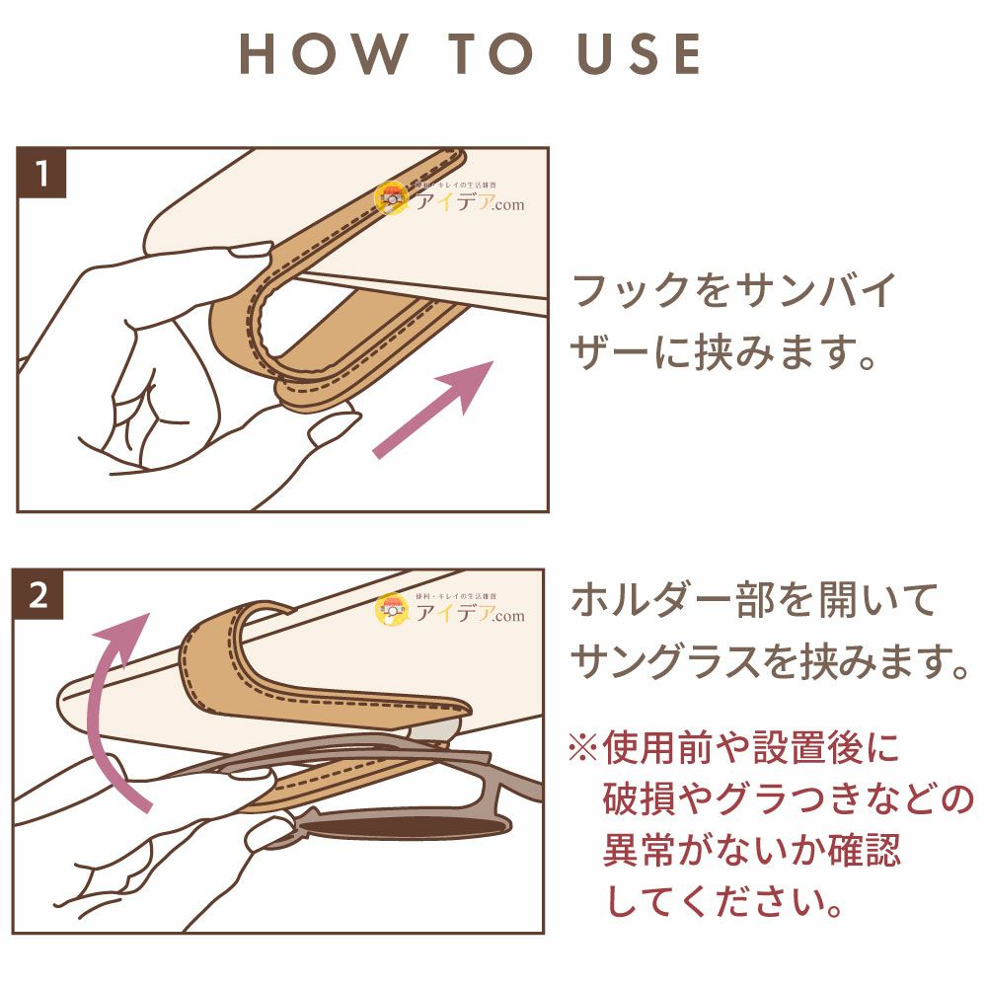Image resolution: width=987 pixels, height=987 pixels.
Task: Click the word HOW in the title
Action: [323, 54]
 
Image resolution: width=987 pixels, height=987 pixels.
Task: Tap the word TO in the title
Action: [491, 54]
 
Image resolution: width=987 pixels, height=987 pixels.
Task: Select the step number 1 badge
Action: [41, 173]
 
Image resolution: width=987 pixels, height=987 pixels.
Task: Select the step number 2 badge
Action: [38, 595]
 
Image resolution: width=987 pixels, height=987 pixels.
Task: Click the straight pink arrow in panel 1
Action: [432, 410]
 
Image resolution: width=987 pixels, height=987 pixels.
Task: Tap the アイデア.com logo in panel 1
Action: [449, 197]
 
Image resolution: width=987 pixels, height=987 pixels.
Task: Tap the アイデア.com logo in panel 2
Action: [449, 609]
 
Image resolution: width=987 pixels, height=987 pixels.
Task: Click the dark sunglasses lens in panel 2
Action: [403, 826]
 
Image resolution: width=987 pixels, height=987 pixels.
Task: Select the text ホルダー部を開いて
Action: [754, 600]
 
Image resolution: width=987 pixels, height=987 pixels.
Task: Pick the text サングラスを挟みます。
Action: [769, 661]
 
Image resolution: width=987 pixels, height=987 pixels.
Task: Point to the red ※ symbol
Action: [582, 748]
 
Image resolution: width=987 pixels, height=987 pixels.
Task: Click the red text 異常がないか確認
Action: [752, 850]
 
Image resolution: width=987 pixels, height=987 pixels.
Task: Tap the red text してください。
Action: [723, 901]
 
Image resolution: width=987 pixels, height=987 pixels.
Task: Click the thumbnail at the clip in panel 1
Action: [252, 251]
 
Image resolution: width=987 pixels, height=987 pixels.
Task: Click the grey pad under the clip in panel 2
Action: [434, 730]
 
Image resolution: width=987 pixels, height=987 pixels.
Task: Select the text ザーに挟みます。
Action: [722, 352]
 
